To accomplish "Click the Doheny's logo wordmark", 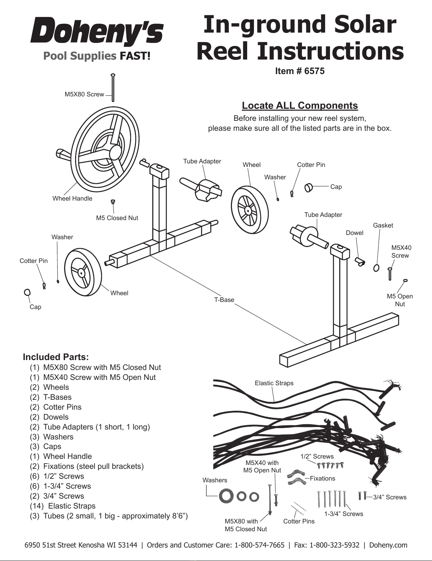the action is [97, 31].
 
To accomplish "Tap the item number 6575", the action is [314, 71].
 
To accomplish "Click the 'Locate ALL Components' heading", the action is [300, 105].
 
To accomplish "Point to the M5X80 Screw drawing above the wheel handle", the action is [113, 88].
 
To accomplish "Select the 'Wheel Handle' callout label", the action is [72, 198].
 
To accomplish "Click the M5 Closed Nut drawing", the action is [113, 202].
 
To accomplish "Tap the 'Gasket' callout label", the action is [383, 225].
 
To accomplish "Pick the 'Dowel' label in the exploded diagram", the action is [354, 233].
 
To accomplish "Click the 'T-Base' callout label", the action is [224, 300].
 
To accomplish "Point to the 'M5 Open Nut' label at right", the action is [400, 300].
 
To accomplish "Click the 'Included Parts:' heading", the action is [56, 357].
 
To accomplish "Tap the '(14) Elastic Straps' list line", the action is [63, 506].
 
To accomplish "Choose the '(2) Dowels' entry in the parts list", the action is [49, 417].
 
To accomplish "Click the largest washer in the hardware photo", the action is [226, 497].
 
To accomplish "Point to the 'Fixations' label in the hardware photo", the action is [322, 478].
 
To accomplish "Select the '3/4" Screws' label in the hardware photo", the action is [390, 497].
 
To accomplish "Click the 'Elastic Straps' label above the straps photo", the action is [274, 383].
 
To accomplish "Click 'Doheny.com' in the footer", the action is [388, 545].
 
